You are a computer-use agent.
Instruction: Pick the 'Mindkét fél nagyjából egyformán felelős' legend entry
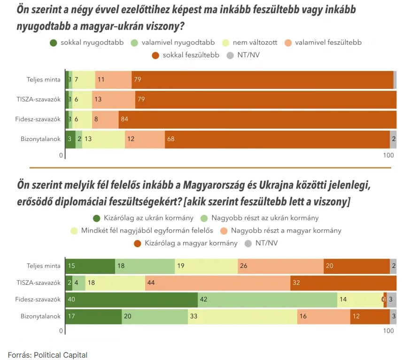141,231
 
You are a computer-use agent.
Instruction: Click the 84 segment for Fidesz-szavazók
257,119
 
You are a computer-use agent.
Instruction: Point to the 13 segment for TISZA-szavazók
114,100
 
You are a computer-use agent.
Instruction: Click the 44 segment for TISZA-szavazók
218,283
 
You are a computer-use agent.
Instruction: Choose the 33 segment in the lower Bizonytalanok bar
242,316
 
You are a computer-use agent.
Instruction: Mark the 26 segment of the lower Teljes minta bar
280,266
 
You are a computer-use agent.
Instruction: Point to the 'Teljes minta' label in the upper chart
43,79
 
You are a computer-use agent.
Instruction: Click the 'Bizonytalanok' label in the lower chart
41,316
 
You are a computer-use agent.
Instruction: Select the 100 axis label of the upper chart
388,156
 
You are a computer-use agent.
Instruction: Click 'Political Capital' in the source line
61,355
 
